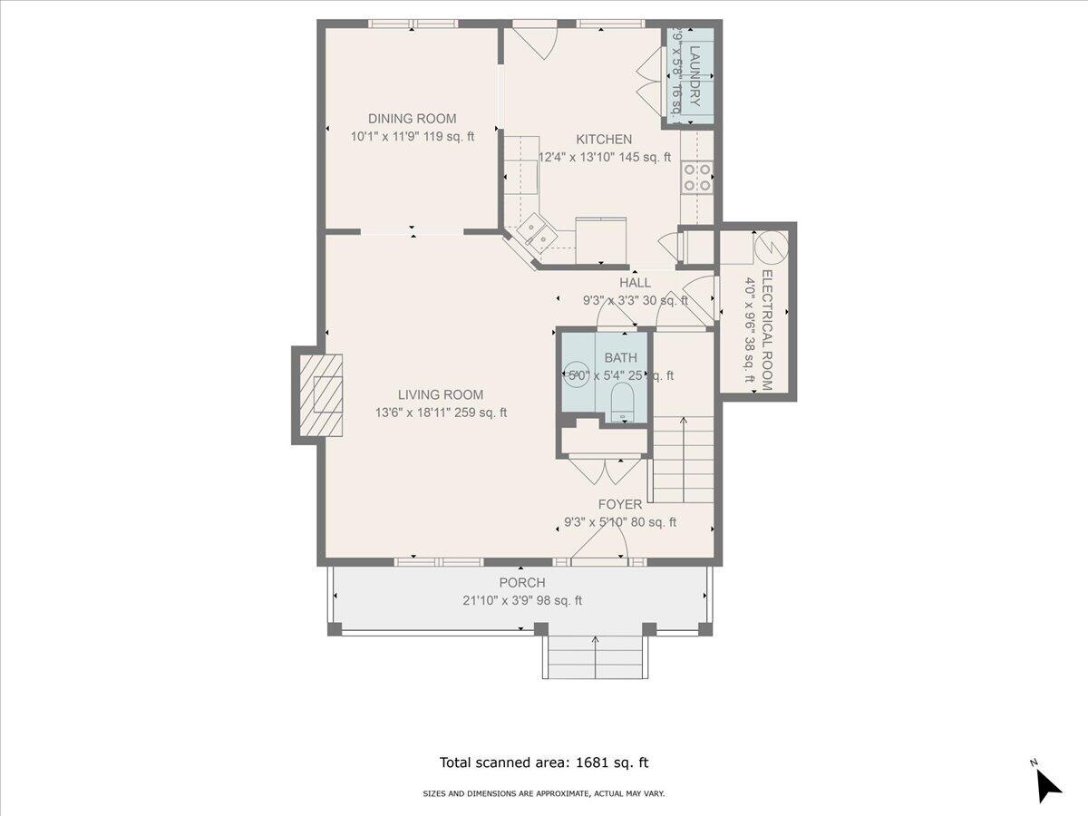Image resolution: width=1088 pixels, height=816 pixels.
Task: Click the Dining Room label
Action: (x=412, y=119)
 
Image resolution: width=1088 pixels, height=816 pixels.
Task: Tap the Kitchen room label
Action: (x=604, y=140)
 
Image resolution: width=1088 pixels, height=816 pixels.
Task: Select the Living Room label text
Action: (x=441, y=395)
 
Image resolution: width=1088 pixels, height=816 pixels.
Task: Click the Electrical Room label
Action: (x=766, y=330)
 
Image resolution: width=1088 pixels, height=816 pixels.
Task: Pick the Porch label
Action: (x=522, y=583)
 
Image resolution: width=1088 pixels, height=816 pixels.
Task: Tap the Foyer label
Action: (x=620, y=505)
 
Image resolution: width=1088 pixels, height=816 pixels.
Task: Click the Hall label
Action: (x=635, y=283)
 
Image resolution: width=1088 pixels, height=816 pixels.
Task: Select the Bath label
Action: (x=621, y=358)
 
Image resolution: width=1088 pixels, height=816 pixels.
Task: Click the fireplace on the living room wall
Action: (x=322, y=395)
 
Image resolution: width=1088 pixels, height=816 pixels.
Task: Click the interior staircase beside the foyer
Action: (x=683, y=459)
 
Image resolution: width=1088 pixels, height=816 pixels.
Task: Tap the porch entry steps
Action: (x=596, y=656)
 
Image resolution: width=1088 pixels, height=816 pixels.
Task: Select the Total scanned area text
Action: (x=544, y=763)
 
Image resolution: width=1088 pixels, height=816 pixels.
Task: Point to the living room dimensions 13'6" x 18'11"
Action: (x=441, y=413)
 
